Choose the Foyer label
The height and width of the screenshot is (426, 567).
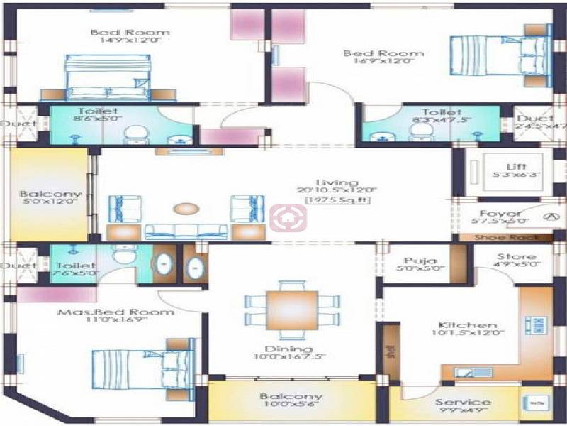500,213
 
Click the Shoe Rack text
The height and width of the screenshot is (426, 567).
507,238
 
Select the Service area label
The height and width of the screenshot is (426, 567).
464,402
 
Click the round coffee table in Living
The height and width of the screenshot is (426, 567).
186,209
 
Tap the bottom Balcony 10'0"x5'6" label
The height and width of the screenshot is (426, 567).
291,397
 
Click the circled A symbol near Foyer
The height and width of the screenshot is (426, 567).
549,217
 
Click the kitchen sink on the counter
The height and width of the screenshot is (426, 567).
468,372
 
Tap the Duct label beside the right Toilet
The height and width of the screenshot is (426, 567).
530,119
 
